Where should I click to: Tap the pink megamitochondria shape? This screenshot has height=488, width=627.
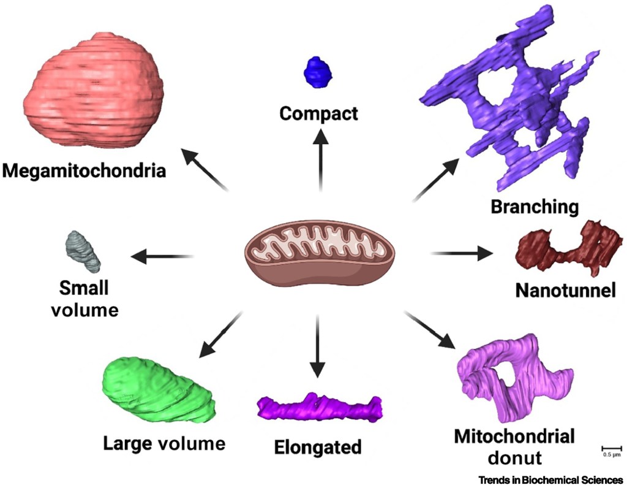94,90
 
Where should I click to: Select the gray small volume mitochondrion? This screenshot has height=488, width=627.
83,252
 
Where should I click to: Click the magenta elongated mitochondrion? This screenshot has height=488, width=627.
319,408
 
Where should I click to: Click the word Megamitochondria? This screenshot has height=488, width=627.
84,170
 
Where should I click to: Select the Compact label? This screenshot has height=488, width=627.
318,113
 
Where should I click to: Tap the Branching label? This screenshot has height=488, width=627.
535,207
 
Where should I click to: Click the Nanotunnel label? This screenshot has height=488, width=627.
565,291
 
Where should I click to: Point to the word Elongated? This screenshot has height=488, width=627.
318,447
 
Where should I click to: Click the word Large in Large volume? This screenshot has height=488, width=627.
127,444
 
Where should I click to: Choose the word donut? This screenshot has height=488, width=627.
515,457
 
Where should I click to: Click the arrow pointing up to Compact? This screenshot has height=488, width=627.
320,159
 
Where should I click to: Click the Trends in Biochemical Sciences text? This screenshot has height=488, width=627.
550,479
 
